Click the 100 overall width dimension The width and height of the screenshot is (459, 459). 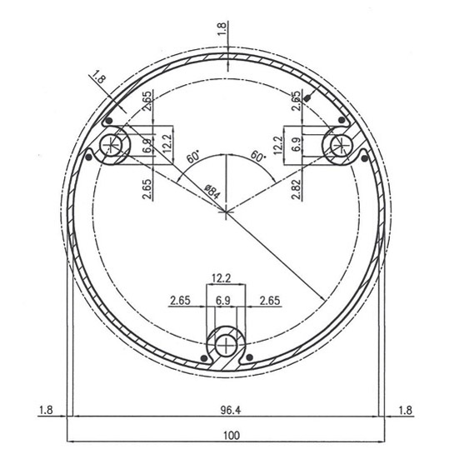pyautogui.click(x=232, y=436)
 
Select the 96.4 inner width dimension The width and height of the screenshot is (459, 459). pyautogui.click(x=231, y=410)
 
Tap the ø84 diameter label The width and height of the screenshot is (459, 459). pyautogui.click(x=212, y=192)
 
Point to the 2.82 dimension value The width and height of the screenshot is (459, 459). pyautogui.click(x=297, y=189)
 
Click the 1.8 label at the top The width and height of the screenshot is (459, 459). pyautogui.click(x=222, y=28)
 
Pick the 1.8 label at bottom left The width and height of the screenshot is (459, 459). pyautogui.click(x=46, y=410)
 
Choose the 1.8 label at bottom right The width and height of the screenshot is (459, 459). pyautogui.click(x=406, y=411)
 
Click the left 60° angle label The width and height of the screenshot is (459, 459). pyautogui.click(x=193, y=157)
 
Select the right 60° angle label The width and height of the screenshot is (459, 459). pyautogui.click(x=258, y=156)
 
